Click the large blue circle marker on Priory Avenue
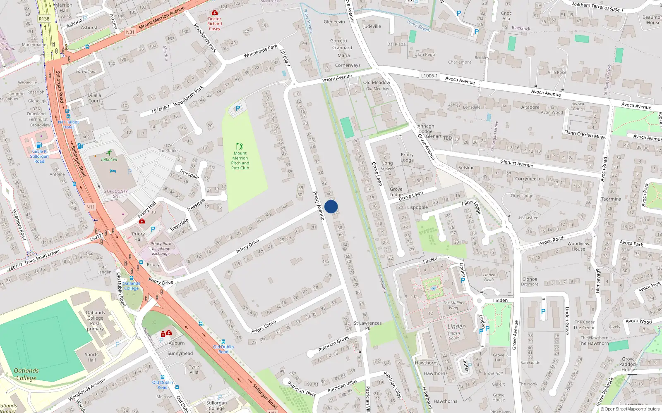click(x=331, y=206)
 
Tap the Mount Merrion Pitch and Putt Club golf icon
click(x=240, y=146)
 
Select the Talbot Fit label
click(x=109, y=159)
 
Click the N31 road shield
click(x=130, y=32)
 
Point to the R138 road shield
click(x=44, y=19)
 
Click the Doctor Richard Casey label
click(x=214, y=24)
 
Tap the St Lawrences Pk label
click(x=367, y=325)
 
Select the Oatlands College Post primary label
click(x=95, y=321)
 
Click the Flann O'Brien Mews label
click(x=585, y=134)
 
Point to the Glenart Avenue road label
click(x=516, y=163)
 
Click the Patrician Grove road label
click(x=333, y=344)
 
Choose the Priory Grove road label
click(x=264, y=327)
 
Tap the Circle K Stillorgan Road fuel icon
click(x=39, y=145)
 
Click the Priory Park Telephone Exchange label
click(x=161, y=249)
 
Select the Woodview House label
click(x=578, y=246)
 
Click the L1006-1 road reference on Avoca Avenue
click(x=429, y=76)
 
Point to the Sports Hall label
click(x=91, y=357)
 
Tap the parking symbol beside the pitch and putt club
click(x=237, y=109)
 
